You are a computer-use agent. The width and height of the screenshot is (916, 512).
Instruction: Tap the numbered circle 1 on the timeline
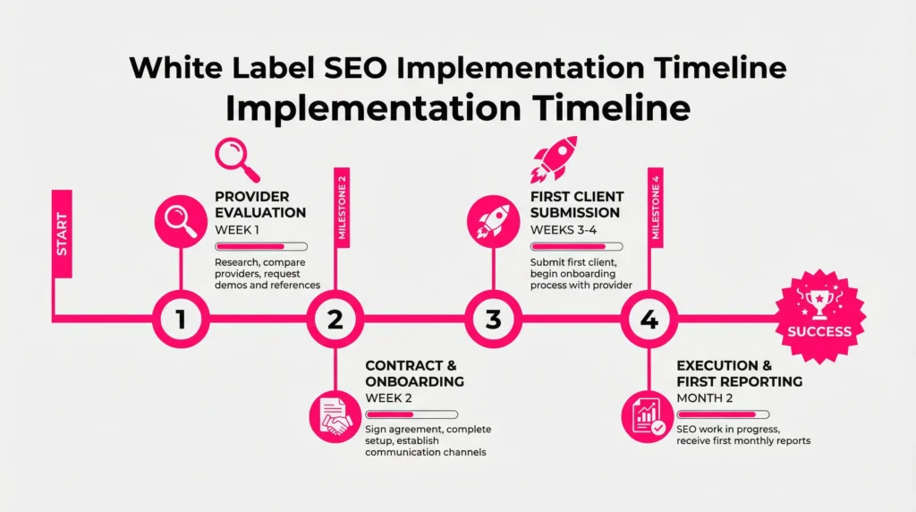click(x=181, y=319)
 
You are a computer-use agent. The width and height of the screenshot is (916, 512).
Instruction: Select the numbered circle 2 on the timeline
click(x=335, y=319)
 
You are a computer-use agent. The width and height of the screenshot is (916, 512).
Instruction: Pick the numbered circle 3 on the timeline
click(x=493, y=319)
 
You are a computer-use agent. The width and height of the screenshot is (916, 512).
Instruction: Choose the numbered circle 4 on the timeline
click(x=649, y=319)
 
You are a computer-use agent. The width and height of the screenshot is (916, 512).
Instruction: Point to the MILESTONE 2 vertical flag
click(x=343, y=208)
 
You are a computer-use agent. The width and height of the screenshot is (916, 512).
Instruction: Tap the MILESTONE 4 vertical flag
click(x=656, y=208)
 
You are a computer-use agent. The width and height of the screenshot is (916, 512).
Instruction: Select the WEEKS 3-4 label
click(x=564, y=230)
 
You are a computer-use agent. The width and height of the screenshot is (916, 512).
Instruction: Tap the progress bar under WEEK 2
click(x=411, y=414)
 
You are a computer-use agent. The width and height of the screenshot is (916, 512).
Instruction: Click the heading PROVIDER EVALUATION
click(x=260, y=204)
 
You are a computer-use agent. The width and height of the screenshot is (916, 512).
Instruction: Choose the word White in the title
click(x=175, y=67)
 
